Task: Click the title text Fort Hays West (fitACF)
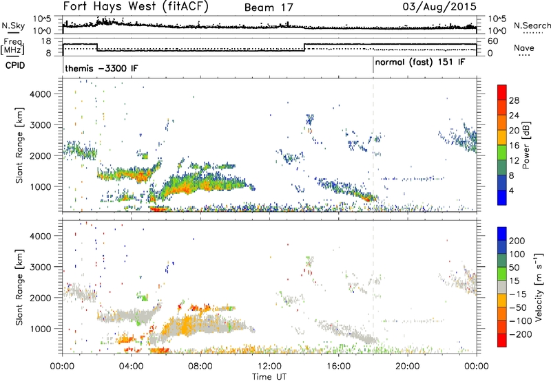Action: point(136,8)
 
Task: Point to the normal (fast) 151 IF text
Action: point(420,63)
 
